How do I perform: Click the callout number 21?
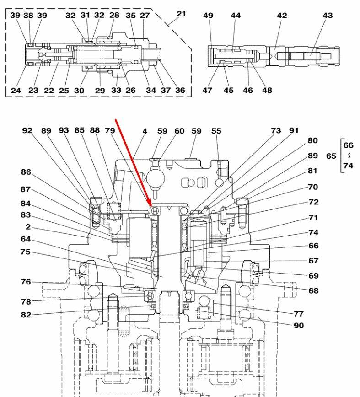182,14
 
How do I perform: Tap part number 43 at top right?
328,16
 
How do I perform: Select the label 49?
208,16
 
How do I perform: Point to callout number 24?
16,90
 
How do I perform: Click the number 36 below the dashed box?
180,90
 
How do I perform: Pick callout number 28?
114,15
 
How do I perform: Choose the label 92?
27,131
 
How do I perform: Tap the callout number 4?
145,131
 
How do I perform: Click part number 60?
179,131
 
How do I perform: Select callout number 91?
293,131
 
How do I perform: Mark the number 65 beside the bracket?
331,156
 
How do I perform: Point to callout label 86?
26,172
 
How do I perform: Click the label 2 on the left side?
28,227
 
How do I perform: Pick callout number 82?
26,315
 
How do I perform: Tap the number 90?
298,326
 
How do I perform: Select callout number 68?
313,290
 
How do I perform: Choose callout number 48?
267,90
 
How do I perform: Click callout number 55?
216,131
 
